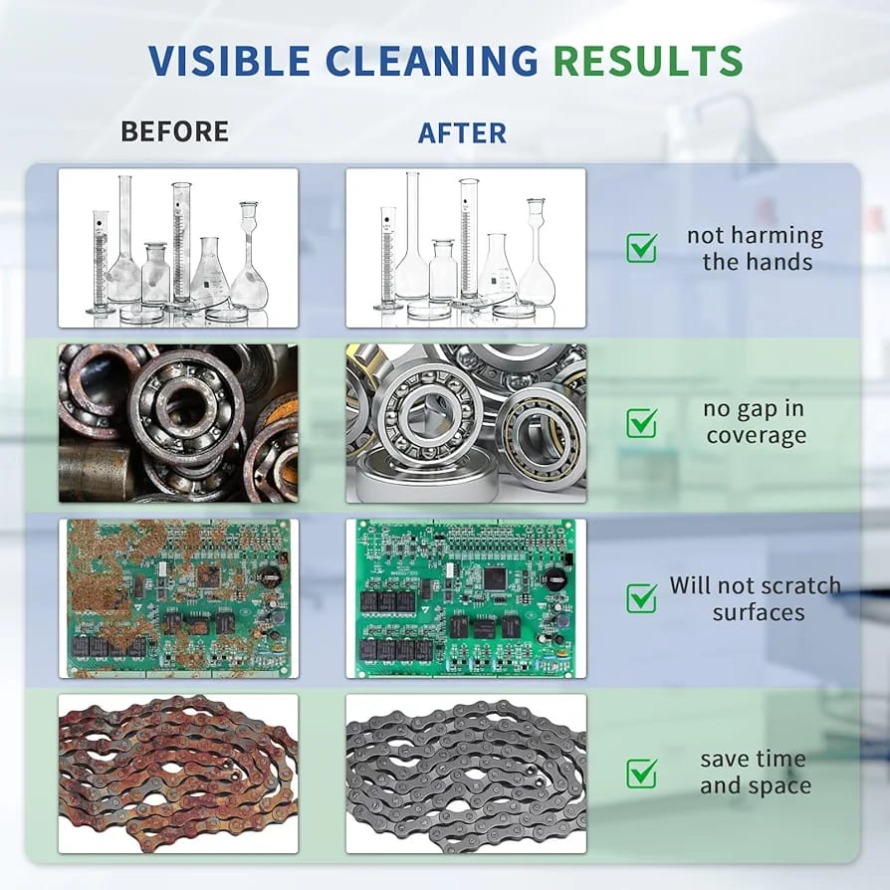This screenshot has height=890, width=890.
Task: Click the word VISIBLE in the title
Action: pyautogui.click(x=229, y=60)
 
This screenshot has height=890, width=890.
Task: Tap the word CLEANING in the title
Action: pyautogui.click(x=431, y=60)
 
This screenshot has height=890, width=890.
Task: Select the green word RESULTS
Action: pyautogui.click(x=648, y=60)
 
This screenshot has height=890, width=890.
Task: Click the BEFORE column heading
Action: pyautogui.click(x=175, y=131)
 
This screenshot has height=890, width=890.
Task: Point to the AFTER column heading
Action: pyautogui.click(x=462, y=132)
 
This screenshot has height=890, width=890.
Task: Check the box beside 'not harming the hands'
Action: pyautogui.click(x=642, y=248)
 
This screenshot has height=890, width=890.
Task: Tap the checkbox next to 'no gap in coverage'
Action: pyautogui.click(x=642, y=423)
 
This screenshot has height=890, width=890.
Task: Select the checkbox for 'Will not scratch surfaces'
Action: pyautogui.click(x=642, y=598)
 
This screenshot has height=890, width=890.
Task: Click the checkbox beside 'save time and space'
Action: pyautogui.click(x=642, y=774)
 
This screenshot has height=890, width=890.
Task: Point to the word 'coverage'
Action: pyautogui.click(x=757, y=436)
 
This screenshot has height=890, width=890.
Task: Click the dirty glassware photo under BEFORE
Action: pyautogui.click(x=178, y=248)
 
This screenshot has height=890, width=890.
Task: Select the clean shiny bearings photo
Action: pyautogui.click(x=466, y=423)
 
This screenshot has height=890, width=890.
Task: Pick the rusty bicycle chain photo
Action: pyautogui.click(x=178, y=774)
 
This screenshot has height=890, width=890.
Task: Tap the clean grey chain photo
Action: pyautogui.click(x=466, y=774)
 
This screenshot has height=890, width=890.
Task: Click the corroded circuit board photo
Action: pyautogui.click(x=178, y=598)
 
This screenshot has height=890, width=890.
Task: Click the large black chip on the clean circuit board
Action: pyautogui.click(x=495, y=579)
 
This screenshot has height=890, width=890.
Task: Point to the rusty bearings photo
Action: pyautogui.click(x=178, y=423)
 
